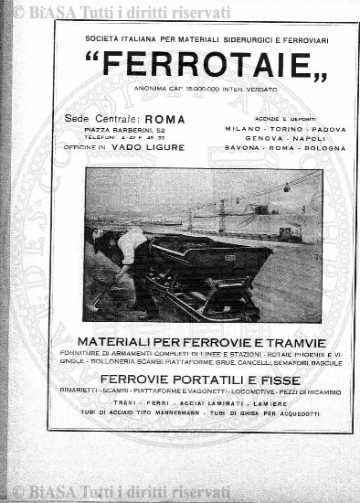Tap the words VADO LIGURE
click(156, 146)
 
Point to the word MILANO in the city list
click(242, 129)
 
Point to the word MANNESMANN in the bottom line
click(171, 413)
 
